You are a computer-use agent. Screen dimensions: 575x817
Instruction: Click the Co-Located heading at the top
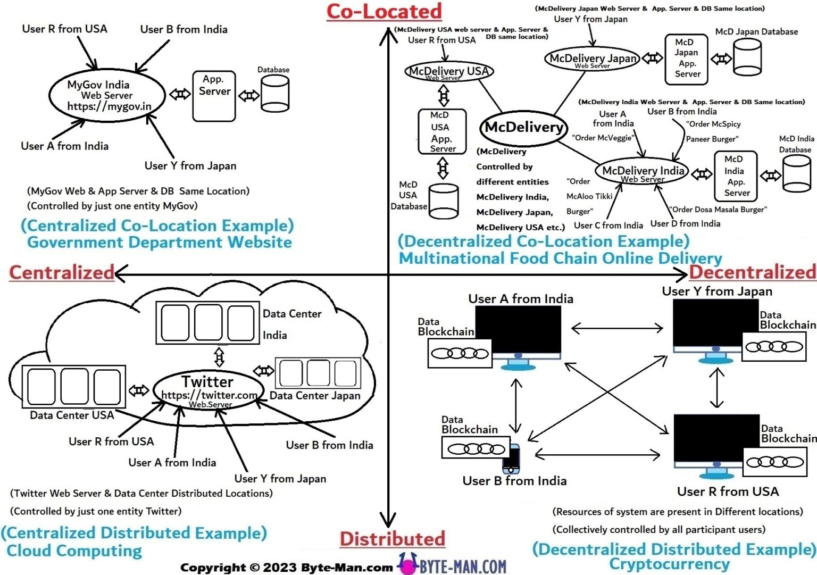tap(384, 12)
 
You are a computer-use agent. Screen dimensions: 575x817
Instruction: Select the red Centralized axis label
tap(62, 272)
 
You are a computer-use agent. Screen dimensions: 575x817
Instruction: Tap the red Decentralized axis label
tap(752, 272)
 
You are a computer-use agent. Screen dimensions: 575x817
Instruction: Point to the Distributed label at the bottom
tap(393, 539)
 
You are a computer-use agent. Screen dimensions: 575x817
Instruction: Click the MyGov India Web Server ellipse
tap(107, 96)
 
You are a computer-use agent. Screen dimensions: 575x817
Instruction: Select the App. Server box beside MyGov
tap(214, 96)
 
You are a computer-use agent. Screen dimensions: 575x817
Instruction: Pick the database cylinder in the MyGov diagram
tap(274, 94)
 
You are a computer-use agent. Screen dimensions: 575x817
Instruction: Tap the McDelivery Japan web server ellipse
tap(593, 59)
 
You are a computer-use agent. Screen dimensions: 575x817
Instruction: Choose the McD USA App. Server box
tap(442, 131)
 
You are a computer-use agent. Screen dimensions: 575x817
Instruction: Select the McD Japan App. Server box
tap(686, 59)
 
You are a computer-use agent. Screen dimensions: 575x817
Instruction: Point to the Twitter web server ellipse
tap(209, 390)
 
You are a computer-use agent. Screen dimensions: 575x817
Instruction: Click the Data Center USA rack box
tap(74, 387)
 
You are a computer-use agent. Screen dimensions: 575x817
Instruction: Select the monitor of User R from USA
tap(716, 440)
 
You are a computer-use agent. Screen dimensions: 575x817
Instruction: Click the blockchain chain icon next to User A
tap(460, 354)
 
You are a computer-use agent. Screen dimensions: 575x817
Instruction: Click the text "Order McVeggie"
tap(603, 138)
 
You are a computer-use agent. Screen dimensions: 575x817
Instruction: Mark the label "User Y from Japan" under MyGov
tap(190, 166)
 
